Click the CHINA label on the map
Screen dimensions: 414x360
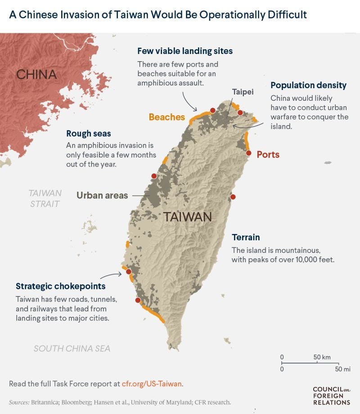pos(36,74)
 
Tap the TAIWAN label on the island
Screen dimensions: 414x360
pos(187,217)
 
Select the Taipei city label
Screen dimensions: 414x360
pos(243,92)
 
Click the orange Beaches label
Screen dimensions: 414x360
pos(166,117)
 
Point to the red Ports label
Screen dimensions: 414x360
pos(268,155)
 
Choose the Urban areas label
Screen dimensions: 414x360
pos(102,195)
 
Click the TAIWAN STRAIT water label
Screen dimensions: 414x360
pos(45,198)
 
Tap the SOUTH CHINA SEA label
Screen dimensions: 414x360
pos(72,348)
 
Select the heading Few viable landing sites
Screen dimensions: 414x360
pos(185,51)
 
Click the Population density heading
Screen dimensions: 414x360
pos(308,85)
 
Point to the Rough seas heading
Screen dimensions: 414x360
pos(88,134)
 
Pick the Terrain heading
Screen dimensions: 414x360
pos(246,237)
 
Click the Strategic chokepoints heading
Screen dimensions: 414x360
pos(60,286)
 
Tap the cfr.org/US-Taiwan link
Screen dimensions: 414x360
pos(152,384)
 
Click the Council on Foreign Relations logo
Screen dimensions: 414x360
pos(331,396)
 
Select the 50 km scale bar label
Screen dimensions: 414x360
pos(322,357)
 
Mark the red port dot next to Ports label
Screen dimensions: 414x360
pos(248,153)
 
